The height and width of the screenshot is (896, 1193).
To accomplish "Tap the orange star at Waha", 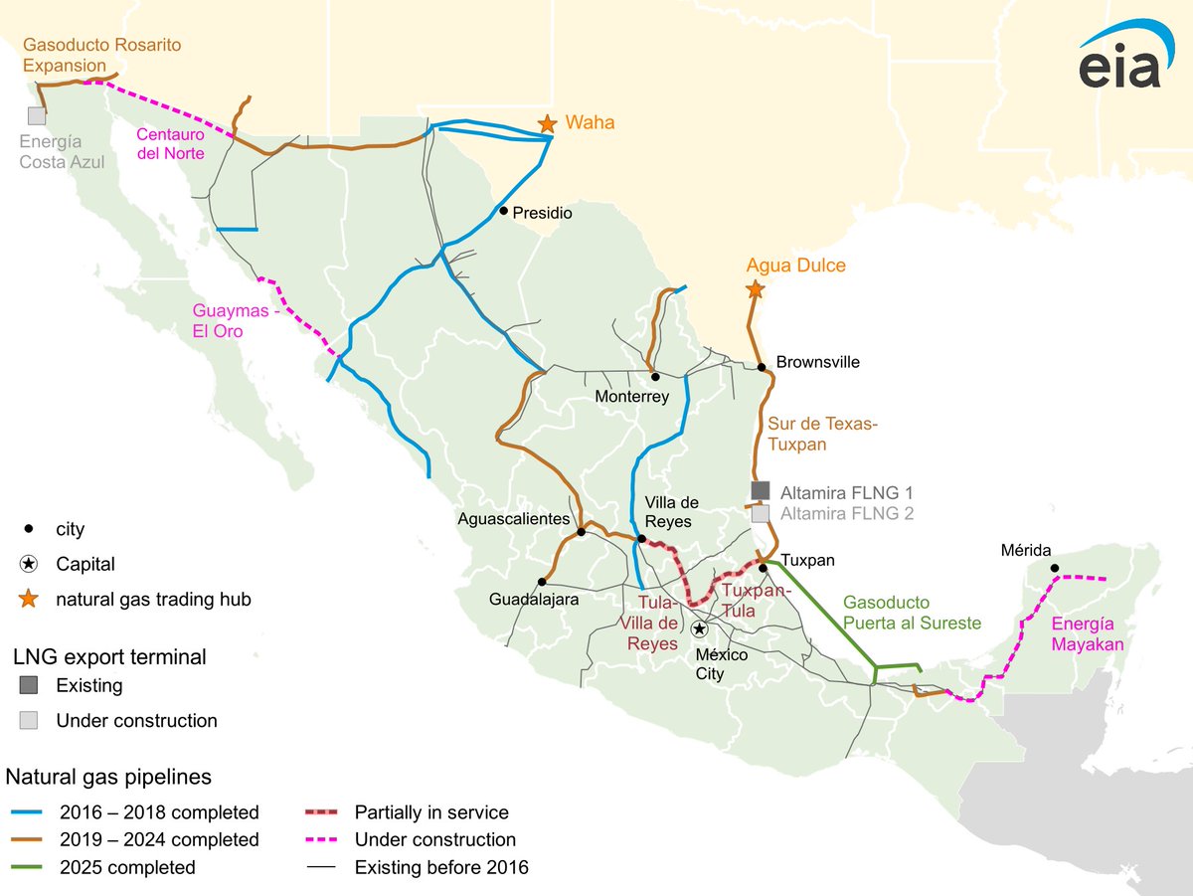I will pos(547,123).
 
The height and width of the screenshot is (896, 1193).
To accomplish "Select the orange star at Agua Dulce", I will pos(755,289).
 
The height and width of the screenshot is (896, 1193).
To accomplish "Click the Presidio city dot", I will pos(504,211).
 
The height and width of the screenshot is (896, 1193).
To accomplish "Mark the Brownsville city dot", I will pos(762,367).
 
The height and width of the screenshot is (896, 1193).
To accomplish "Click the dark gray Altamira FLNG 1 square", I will pos(761,490).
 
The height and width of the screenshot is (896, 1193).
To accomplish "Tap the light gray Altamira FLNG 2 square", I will pos(761,514).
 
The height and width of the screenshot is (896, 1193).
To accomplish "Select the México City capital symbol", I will pos(700,628).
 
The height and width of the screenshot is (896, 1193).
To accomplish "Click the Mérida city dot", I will pos(1055,569).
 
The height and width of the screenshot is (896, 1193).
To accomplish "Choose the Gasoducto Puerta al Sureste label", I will pos(911,613).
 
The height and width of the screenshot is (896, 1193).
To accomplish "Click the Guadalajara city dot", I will pos(542,582).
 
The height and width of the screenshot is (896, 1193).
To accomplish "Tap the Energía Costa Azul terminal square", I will pos(37,115).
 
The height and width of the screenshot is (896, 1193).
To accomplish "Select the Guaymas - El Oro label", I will pos(232,320).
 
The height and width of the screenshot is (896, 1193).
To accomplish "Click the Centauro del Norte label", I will pos(170,143).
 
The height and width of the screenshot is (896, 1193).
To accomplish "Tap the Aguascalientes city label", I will pos(513,518).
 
